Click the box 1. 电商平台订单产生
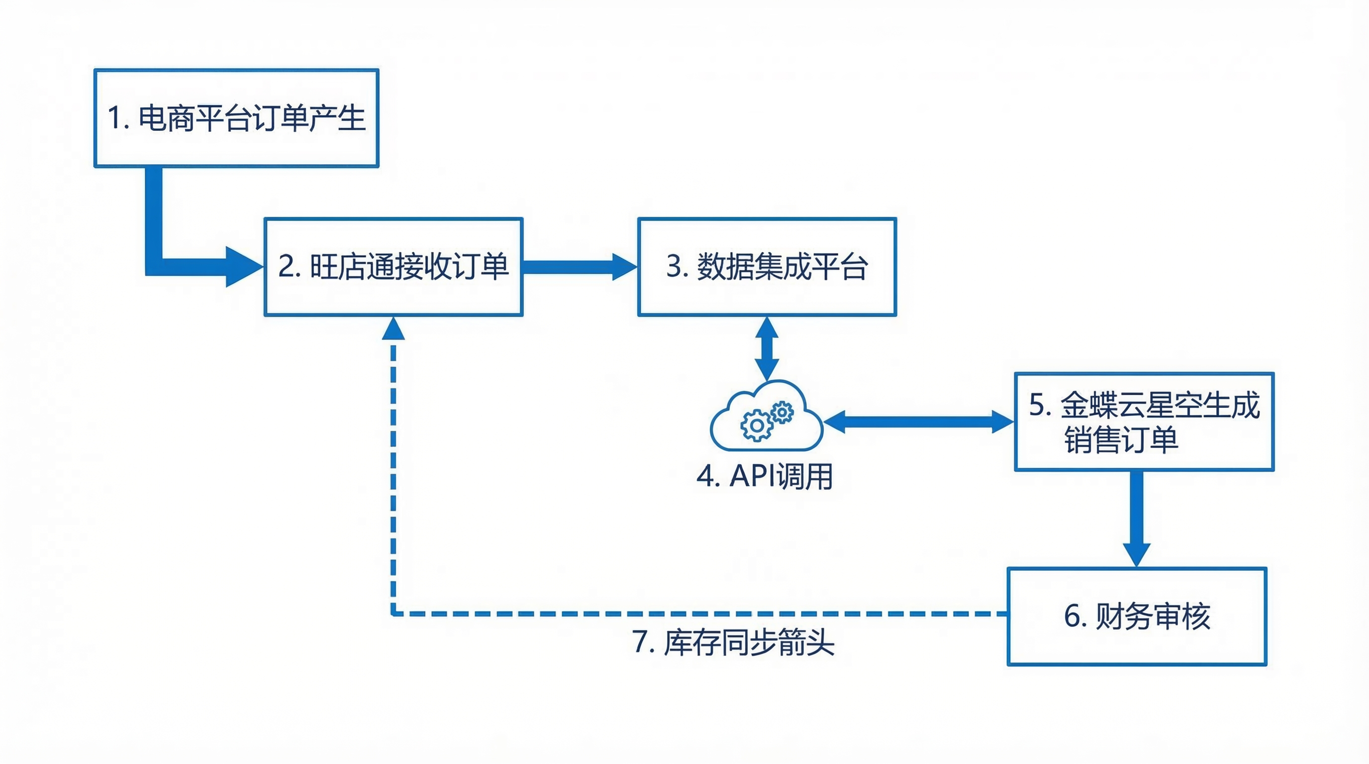coord(236,118)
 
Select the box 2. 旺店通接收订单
coord(393,267)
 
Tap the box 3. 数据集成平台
coord(767,267)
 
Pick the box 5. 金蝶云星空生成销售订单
coord(1144,421)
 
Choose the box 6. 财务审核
coord(1137,616)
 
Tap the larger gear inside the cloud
coord(756,425)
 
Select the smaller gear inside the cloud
coord(782,412)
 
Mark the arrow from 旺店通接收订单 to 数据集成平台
coord(579,267)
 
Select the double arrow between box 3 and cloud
coord(767,349)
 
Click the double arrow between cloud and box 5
coord(918,422)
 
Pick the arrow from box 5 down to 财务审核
coord(1136,518)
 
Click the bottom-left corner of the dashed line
coord(393,614)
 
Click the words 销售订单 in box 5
coord(1121,440)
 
